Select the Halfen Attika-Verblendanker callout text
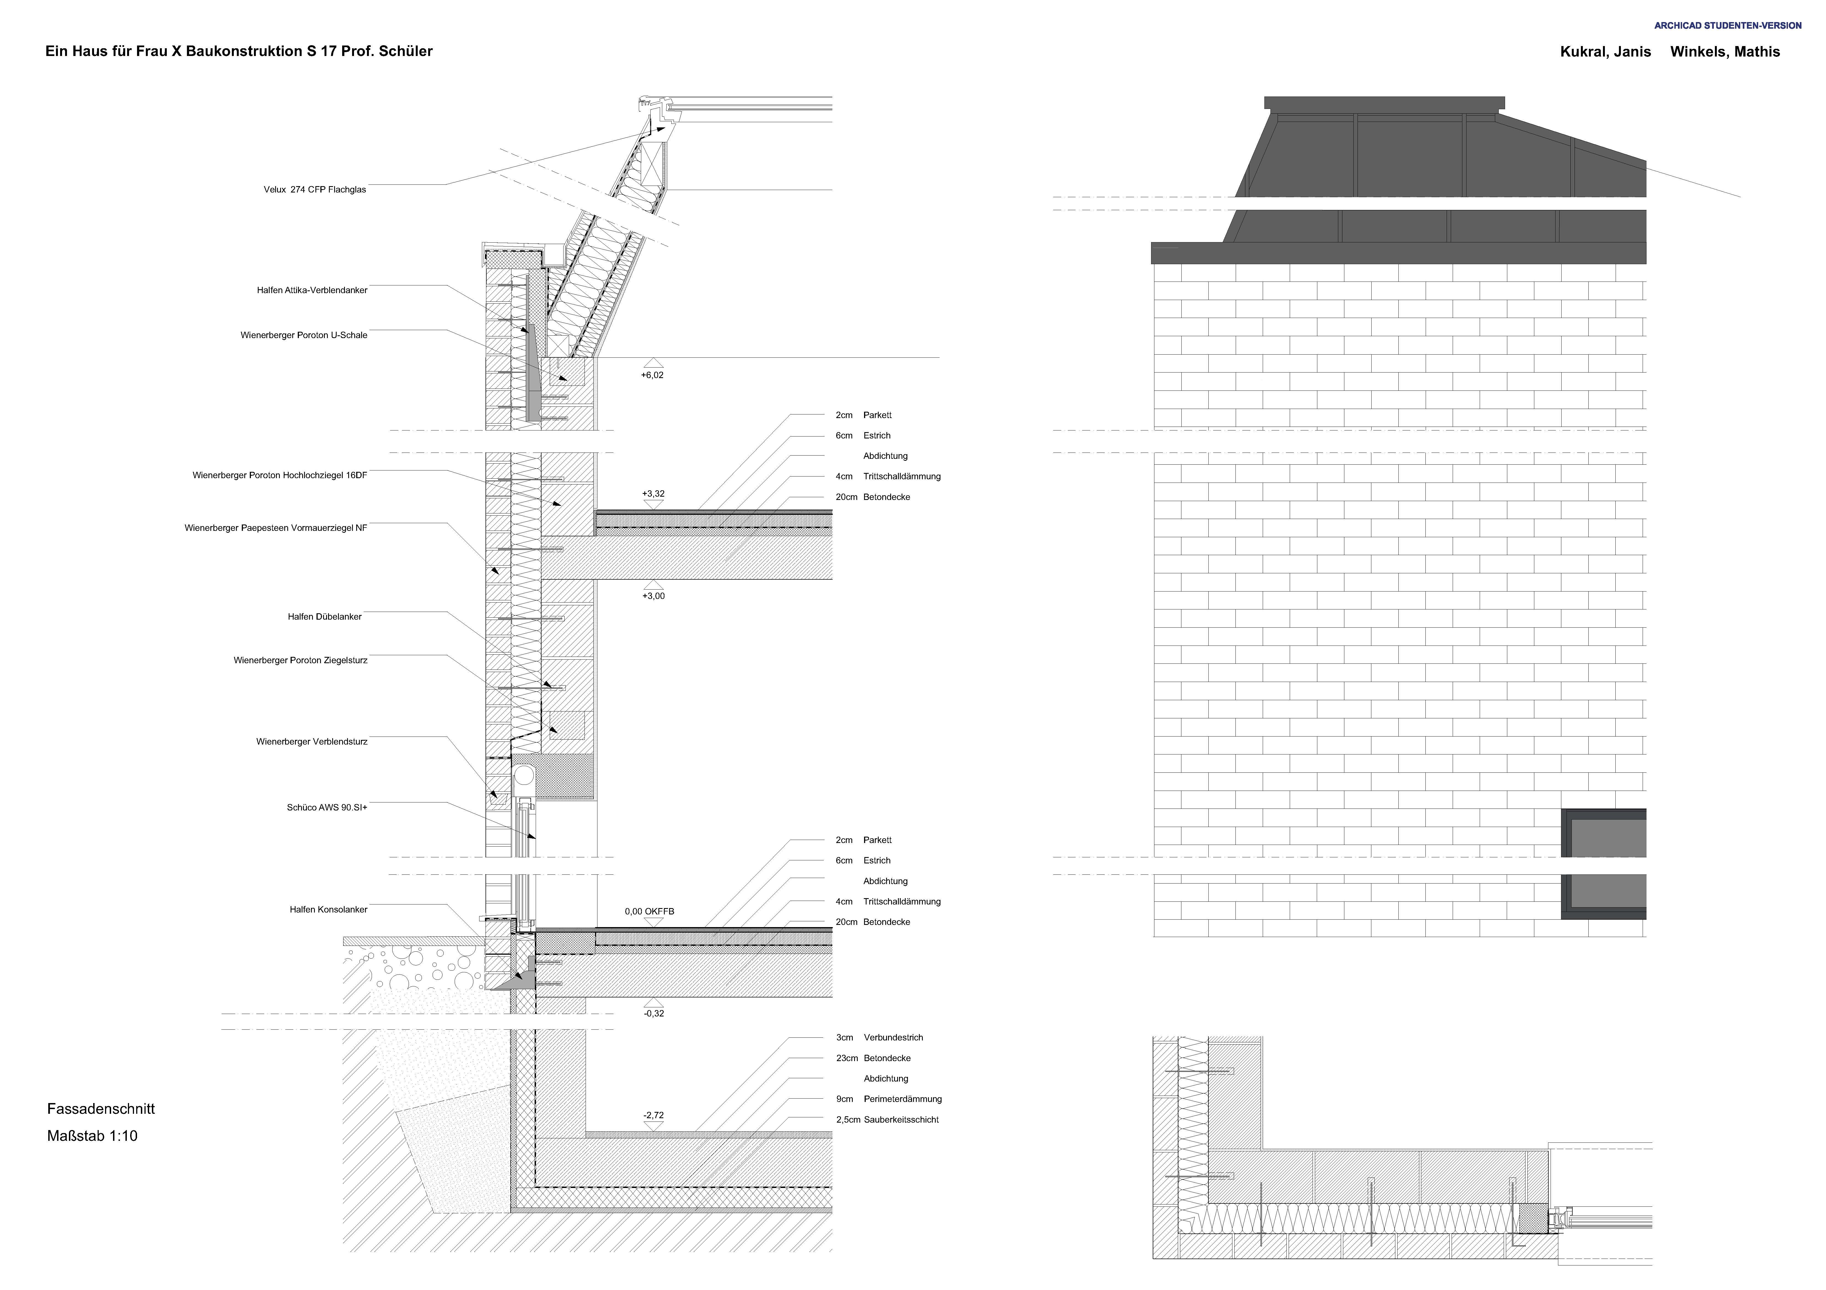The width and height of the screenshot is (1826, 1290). (x=312, y=290)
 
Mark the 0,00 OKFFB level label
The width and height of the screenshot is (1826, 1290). (x=650, y=911)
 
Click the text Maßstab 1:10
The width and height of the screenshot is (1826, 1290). (x=92, y=1136)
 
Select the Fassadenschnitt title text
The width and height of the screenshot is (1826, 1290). (x=101, y=1109)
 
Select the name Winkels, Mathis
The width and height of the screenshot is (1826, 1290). (x=1725, y=52)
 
